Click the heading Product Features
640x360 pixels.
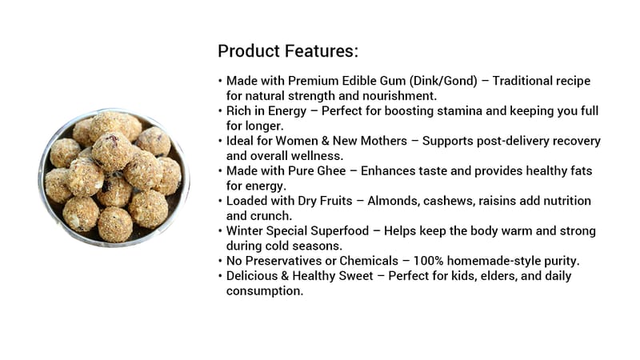pyautogui.click(x=288, y=51)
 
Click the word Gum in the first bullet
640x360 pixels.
pyautogui.click(x=393, y=81)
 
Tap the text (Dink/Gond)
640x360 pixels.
pyautogui.click(x=443, y=81)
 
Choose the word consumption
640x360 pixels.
pyautogui.click(x=265, y=291)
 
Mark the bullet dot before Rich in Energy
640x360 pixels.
pyautogui.click(x=221, y=111)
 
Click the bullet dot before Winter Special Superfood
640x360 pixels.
pyautogui.click(x=221, y=231)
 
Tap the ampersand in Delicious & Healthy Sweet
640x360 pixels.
pyautogui.click(x=285, y=276)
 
